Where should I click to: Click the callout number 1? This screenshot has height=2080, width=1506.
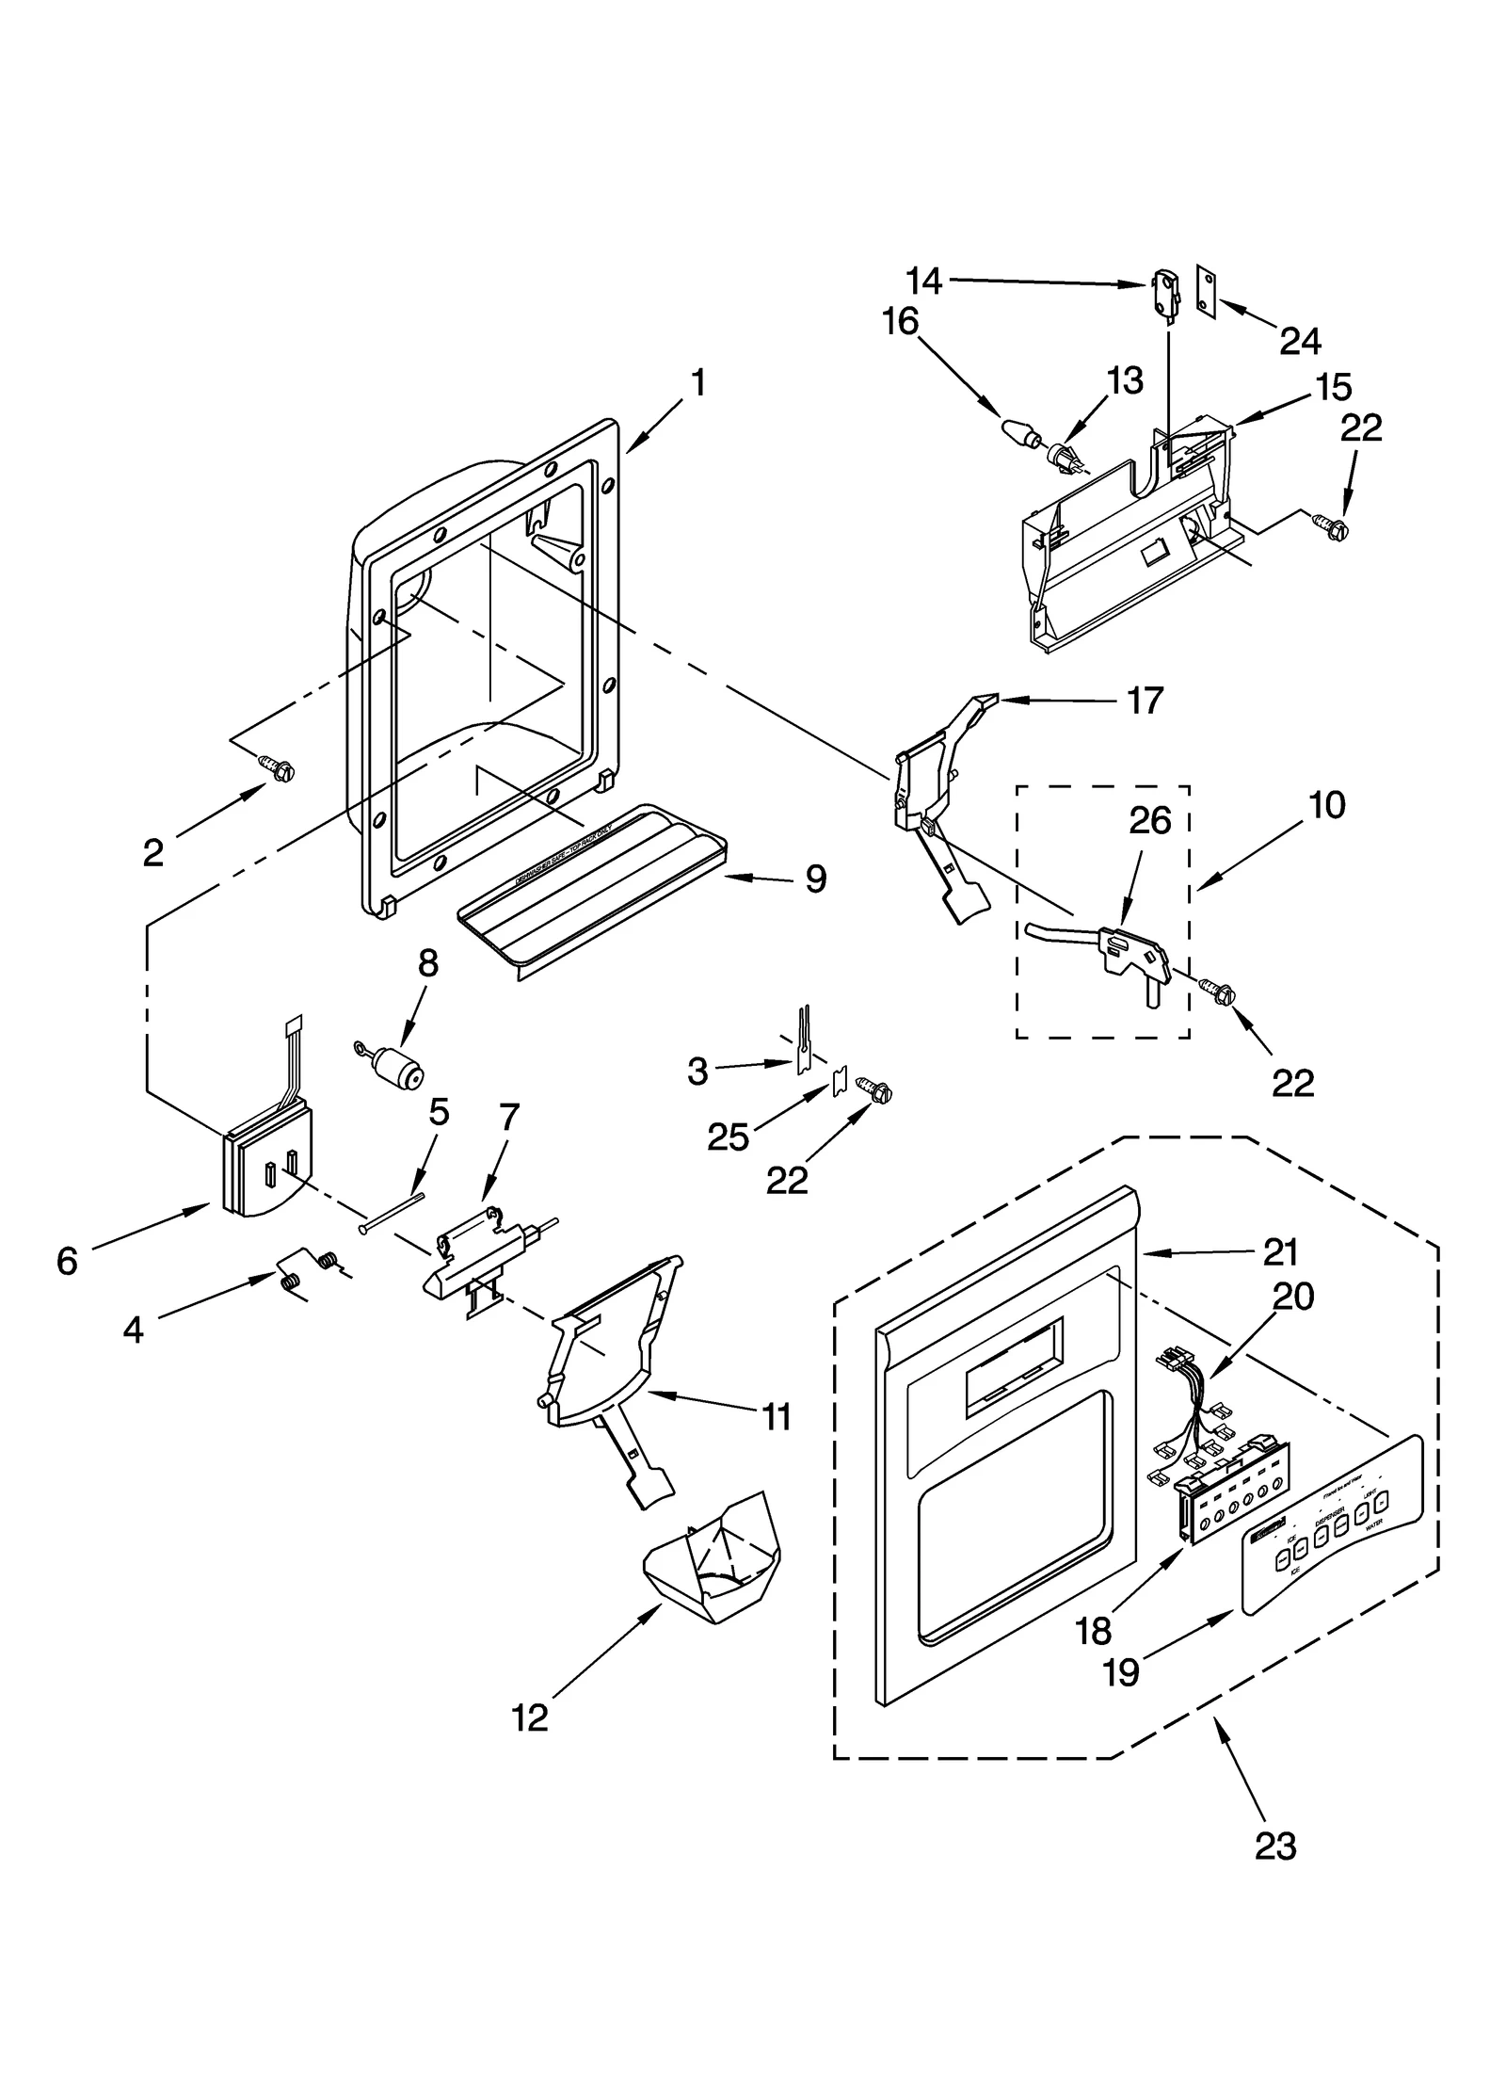point(697,383)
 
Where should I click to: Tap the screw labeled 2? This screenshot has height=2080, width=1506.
point(279,769)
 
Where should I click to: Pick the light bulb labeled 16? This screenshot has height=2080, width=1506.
point(1019,432)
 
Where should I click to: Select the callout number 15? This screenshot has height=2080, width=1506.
point(1335,387)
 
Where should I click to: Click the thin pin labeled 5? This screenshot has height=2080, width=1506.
point(391,1212)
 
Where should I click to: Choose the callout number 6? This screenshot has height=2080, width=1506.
point(67,1261)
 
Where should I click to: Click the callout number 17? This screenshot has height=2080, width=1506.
point(1146,701)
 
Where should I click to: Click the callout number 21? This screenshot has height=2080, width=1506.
point(1281,1251)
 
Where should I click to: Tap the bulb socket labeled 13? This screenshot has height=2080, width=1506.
point(1064,459)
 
